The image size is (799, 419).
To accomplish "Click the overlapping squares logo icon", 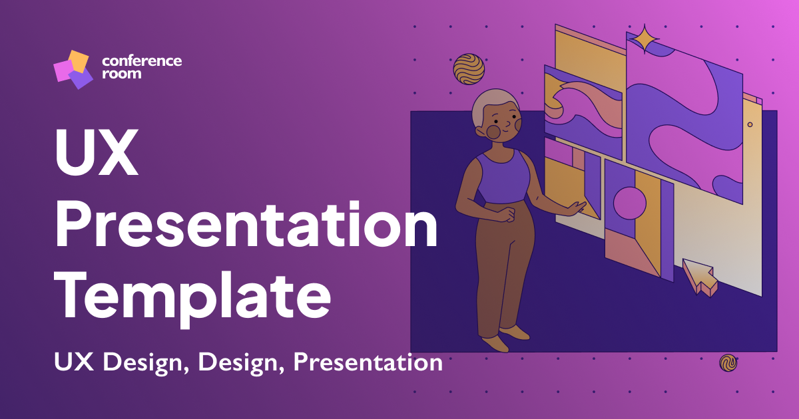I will pyautogui.click(x=72, y=69).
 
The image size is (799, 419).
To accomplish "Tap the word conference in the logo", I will pyautogui.click(x=141, y=61).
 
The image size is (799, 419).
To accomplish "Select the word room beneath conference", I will pyautogui.click(x=121, y=74).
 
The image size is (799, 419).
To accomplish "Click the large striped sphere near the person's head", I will pyautogui.click(x=469, y=69).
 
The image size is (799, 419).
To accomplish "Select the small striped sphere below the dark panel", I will pyautogui.click(x=728, y=362).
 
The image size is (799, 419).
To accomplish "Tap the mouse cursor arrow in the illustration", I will pyautogui.click(x=699, y=275).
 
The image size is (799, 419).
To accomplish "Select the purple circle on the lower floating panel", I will pyautogui.click(x=629, y=203).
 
